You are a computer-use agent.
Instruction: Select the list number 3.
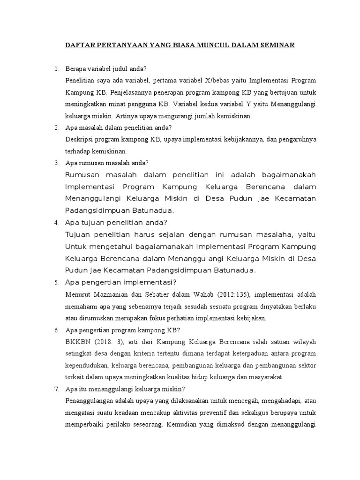(x=56, y=163)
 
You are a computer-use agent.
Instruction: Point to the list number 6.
(x=56, y=330)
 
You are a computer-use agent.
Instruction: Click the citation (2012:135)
(x=232, y=295)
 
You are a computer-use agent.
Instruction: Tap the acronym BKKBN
(x=79, y=342)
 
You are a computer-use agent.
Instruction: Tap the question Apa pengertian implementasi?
(x=121, y=282)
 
